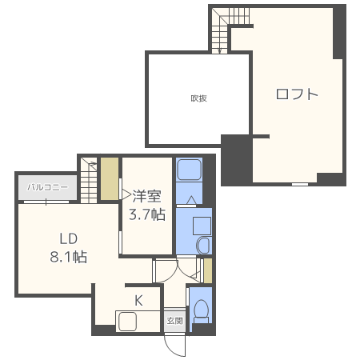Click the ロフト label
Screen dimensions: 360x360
[x=297, y=94]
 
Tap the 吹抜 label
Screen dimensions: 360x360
[x=199, y=98]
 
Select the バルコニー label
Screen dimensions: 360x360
[x=47, y=187]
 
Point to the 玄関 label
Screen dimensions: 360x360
[x=174, y=321]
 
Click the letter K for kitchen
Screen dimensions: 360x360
[x=138, y=301]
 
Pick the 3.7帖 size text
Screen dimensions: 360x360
[x=147, y=214]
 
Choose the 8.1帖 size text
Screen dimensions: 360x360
[x=69, y=257]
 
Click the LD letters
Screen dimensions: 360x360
[x=69, y=238]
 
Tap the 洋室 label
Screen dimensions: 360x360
[x=146, y=196]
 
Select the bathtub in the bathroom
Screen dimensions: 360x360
[x=189, y=170]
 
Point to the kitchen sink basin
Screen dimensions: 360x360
[x=128, y=322]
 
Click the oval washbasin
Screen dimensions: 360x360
[x=203, y=245]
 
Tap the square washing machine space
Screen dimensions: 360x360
[x=202, y=226]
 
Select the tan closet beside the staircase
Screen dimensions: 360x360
[x=110, y=178]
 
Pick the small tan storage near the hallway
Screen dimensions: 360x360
[x=208, y=270]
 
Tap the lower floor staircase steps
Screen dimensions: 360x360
[x=89, y=181]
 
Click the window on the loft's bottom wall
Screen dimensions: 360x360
[x=300, y=184]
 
